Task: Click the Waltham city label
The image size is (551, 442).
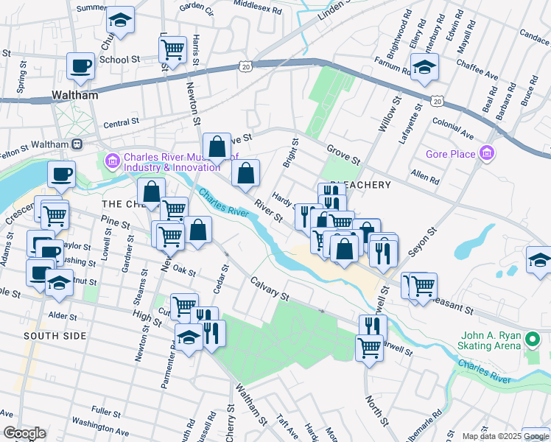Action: coord(75,96)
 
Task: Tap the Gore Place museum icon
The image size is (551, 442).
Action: coord(485,154)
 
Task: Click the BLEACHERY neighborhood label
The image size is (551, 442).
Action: coord(360,185)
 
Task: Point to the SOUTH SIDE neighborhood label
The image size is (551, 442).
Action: coord(55,336)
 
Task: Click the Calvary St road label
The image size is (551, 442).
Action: coord(269,288)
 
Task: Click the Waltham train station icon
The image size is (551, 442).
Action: coord(77,143)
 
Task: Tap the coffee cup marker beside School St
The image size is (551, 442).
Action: coord(80,66)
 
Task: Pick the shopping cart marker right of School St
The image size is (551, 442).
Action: coord(172,49)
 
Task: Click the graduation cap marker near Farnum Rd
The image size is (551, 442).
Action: coord(424,67)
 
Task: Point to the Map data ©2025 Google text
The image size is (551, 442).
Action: coord(505,435)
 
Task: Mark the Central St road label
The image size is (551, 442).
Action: coord(122,124)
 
